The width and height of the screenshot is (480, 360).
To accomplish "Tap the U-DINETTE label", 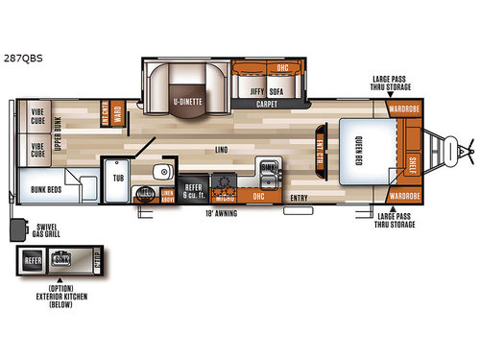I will pos(187,100).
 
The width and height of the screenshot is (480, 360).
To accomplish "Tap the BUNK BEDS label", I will pos(45,190).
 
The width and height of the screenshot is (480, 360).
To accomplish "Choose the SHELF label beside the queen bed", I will pos(414,162).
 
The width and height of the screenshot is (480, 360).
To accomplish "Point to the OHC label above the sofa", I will pos(282,68).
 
